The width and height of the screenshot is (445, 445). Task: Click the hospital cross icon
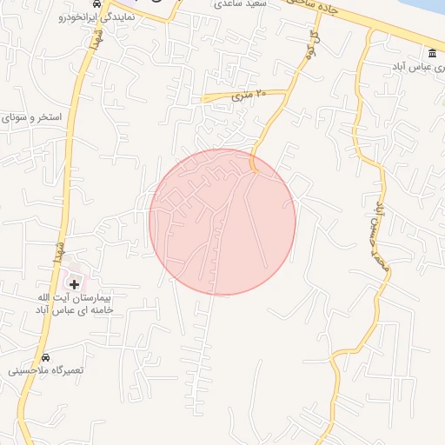[x=74, y=283]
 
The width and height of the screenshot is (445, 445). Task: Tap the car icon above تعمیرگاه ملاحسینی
[x=45, y=357]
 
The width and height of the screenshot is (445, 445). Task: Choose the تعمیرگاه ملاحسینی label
[x=45, y=370]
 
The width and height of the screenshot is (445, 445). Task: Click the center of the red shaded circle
[x=222, y=222]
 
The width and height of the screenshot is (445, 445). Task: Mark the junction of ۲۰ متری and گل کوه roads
[x=289, y=90]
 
